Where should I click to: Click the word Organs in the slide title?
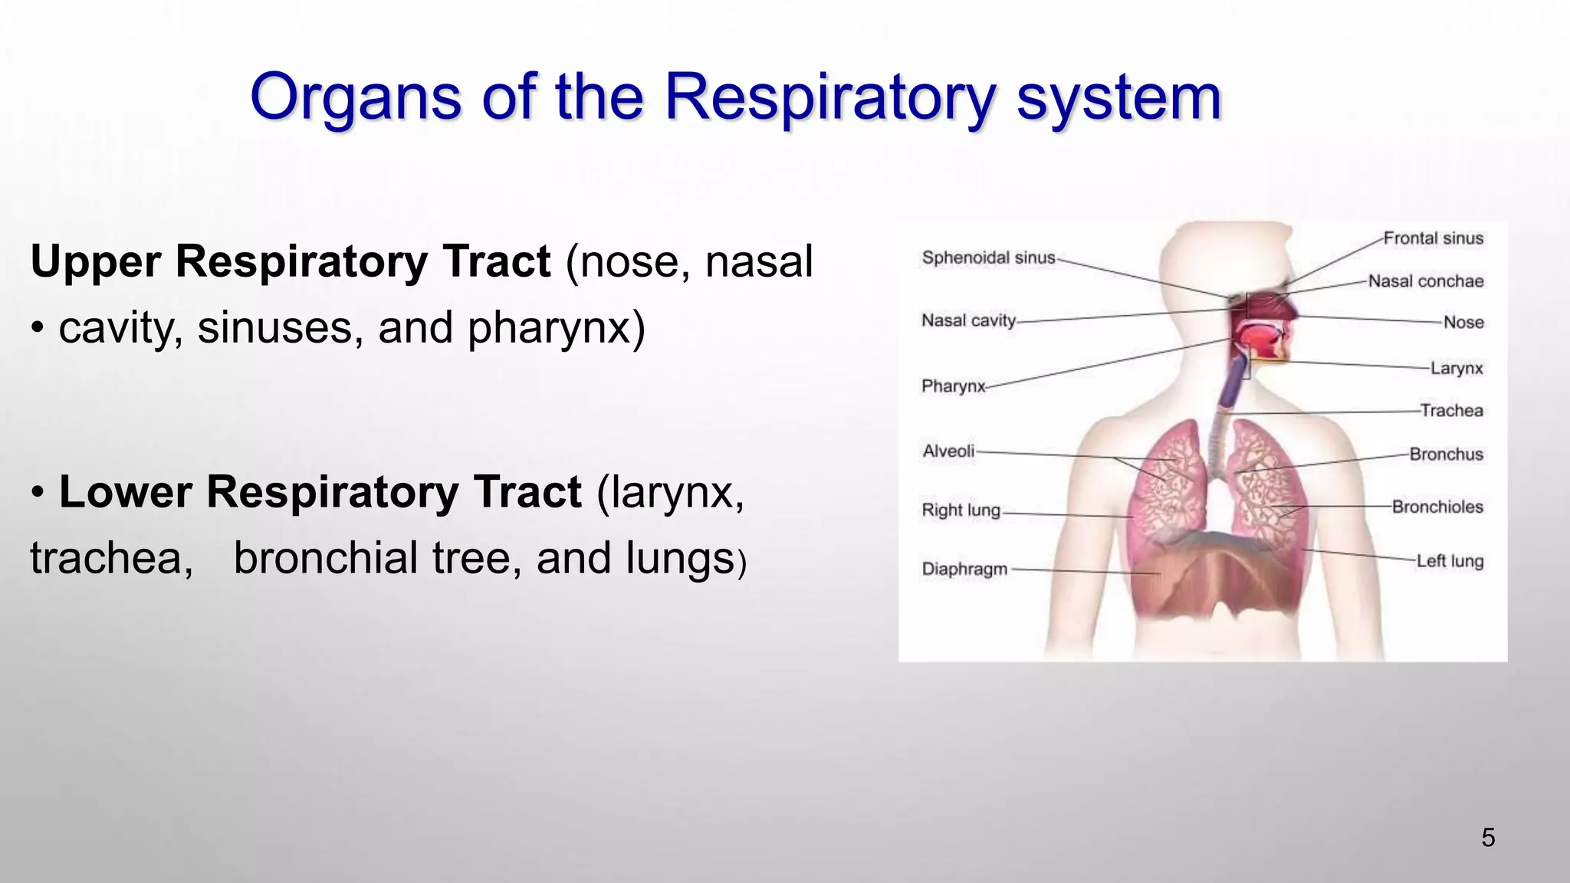coord(356,98)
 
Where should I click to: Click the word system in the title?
coord(1118,98)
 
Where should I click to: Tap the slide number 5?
coord(1488,838)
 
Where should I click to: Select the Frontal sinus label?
coord(1433,238)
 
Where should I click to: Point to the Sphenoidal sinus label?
coord(988,258)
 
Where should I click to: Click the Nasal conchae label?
coord(1425,281)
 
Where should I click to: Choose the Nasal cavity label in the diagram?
coord(968,320)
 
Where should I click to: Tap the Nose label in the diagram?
coord(1463,323)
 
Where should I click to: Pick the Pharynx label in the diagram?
coord(953,386)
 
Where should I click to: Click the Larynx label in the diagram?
coord(1456,369)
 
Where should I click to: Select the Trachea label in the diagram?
coord(1451,411)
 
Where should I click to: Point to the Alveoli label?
coord(948,451)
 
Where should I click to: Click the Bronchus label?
coord(1446,455)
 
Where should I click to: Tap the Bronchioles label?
coord(1437,507)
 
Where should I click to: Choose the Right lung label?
coord(961,510)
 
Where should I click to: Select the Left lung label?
coord(1449,561)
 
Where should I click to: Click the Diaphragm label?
coord(964,569)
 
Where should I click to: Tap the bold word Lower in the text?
coord(124,492)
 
